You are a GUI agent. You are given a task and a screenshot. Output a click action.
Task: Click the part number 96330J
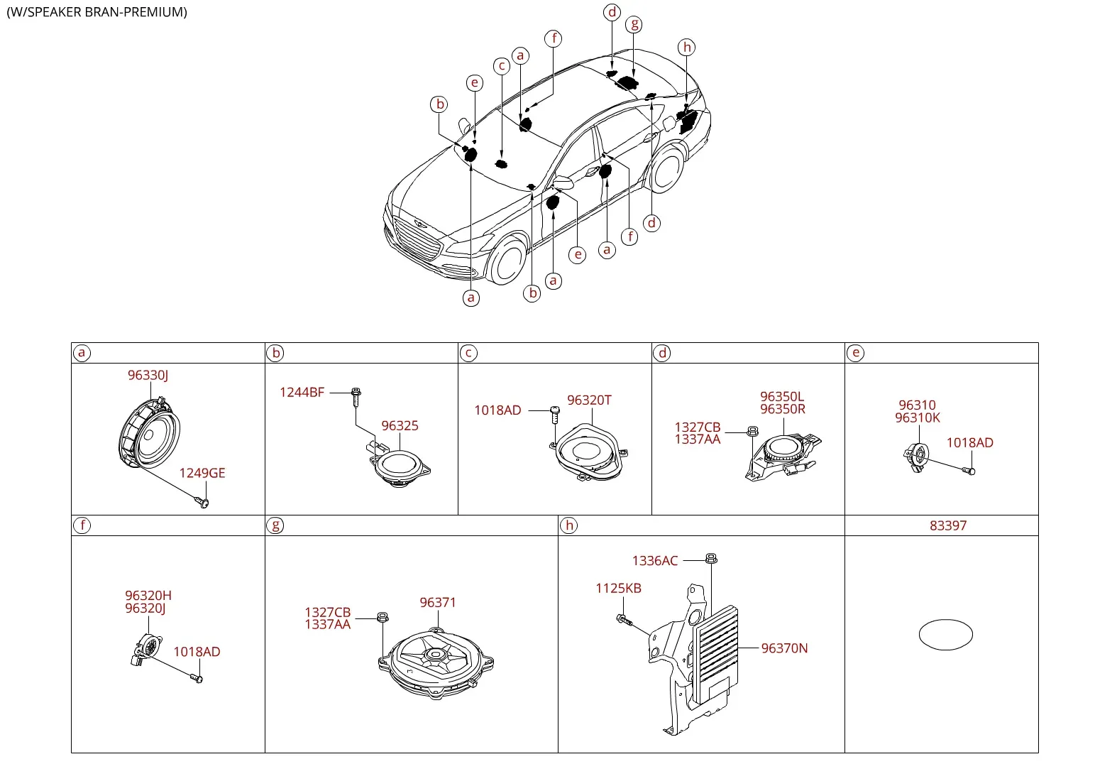(x=148, y=375)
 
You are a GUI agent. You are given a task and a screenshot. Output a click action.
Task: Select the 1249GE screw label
(x=202, y=473)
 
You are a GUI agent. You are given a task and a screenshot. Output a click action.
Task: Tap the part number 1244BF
(x=302, y=392)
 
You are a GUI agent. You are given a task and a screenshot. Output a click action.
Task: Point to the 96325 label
(x=400, y=425)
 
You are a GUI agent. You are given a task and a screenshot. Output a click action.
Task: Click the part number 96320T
(x=589, y=400)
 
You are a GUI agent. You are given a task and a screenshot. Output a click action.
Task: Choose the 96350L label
(x=782, y=397)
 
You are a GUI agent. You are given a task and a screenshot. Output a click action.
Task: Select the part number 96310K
(x=918, y=418)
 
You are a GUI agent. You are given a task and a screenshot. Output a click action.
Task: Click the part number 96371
(x=438, y=602)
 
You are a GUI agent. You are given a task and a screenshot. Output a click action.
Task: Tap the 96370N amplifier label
(x=784, y=648)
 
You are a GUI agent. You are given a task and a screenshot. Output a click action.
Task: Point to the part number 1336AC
(x=655, y=561)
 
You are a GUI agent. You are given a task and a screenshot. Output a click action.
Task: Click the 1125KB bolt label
(x=618, y=589)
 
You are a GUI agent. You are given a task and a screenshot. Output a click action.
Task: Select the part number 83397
(x=948, y=525)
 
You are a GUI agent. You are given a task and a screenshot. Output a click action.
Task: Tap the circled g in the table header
(x=275, y=525)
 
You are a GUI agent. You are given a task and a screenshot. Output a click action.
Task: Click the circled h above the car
(x=687, y=48)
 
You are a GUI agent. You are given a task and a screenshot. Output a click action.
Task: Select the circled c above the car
(x=502, y=66)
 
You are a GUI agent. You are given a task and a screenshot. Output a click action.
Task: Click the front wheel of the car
(x=507, y=260)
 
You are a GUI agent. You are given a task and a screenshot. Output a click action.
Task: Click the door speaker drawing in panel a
(x=149, y=432)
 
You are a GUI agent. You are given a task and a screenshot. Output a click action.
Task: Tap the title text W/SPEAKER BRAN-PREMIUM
(x=97, y=12)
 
